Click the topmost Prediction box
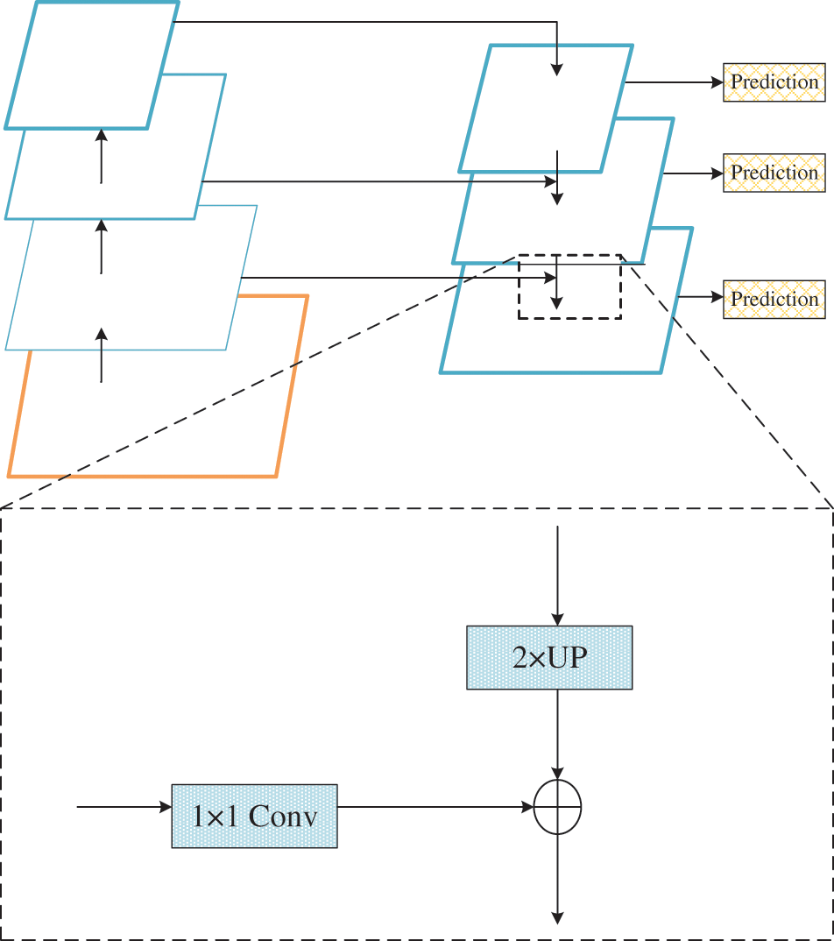774,82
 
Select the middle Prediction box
774,173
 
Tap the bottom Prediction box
774,299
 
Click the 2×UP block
549,657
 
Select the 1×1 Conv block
254,817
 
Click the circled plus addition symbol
557,807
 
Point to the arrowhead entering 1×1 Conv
166,807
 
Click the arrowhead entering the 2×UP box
557,620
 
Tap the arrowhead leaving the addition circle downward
557,918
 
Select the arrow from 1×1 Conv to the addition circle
435,807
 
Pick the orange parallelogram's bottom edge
142,477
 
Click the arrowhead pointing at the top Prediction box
717,82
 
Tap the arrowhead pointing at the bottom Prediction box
717,297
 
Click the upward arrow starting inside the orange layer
102,355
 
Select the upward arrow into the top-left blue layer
102,156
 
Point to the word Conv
283,817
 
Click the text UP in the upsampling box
568,657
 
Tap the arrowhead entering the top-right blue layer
557,69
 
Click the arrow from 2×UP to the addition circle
557,734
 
